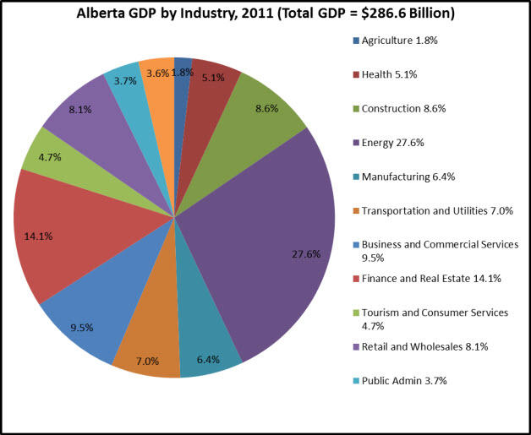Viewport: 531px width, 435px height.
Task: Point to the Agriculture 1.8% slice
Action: pyautogui.click(x=182, y=84)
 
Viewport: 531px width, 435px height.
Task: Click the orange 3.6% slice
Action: pyautogui.click(x=159, y=84)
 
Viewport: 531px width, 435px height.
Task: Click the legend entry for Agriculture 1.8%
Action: pyautogui.click(x=397, y=41)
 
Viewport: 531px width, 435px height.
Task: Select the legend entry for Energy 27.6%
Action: pyautogui.click(x=390, y=143)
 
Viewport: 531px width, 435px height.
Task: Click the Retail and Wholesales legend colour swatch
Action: pyautogui.click(x=355, y=347)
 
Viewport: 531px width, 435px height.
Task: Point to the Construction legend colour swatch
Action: pyautogui.click(x=355, y=109)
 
